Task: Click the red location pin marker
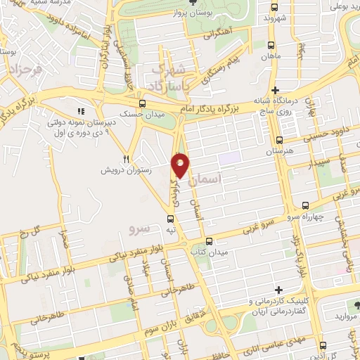tap(181, 165)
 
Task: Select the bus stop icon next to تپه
tap(170, 217)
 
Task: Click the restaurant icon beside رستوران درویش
tap(127, 159)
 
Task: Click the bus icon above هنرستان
tap(280, 140)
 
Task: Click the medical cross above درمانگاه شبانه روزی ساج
tap(276, 90)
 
